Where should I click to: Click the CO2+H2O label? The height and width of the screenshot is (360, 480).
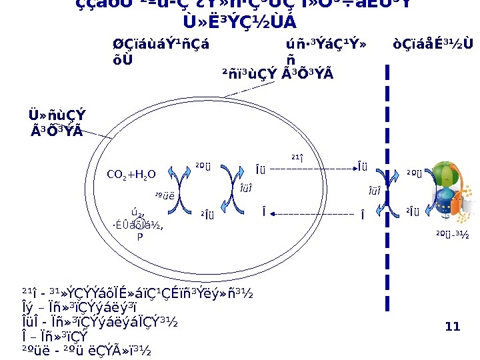[x=131, y=175]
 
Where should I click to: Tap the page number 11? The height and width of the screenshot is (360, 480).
[x=453, y=326]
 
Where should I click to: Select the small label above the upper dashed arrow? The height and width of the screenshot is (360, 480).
[x=297, y=157]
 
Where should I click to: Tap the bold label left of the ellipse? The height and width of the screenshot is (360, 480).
[x=58, y=122]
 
